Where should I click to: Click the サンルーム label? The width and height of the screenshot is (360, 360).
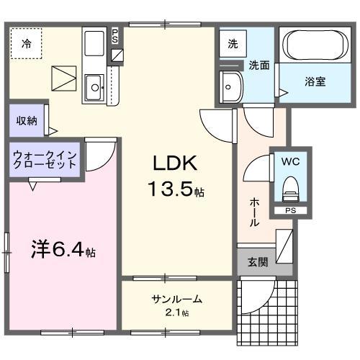[176, 300]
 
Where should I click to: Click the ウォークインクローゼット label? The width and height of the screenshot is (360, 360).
[45, 159]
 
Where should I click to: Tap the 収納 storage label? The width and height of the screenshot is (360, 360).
[27, 120]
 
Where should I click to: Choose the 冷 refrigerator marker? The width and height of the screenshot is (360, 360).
[26, 43]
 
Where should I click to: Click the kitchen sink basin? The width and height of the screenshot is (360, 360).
[95, 89]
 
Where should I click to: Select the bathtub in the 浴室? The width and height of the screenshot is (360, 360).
[314, 46]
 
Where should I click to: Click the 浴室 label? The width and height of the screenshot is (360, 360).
[314, 81]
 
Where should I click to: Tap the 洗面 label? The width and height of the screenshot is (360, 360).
[259, 65]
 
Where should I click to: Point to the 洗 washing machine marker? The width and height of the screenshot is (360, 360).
[233, 43]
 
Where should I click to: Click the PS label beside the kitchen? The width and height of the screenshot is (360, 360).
[117, 35]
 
